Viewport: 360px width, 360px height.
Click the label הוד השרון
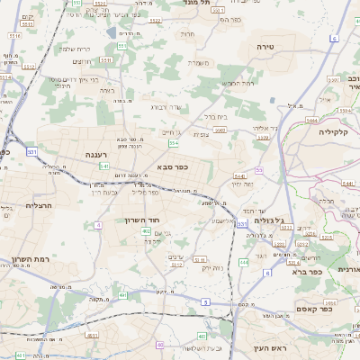point(140,220)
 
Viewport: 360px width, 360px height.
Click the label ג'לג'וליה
point(269,220)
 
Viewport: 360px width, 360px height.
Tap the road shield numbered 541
point(105,166)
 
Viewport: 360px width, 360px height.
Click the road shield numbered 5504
point(173,143)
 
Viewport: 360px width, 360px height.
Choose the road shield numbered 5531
point(31,152)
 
